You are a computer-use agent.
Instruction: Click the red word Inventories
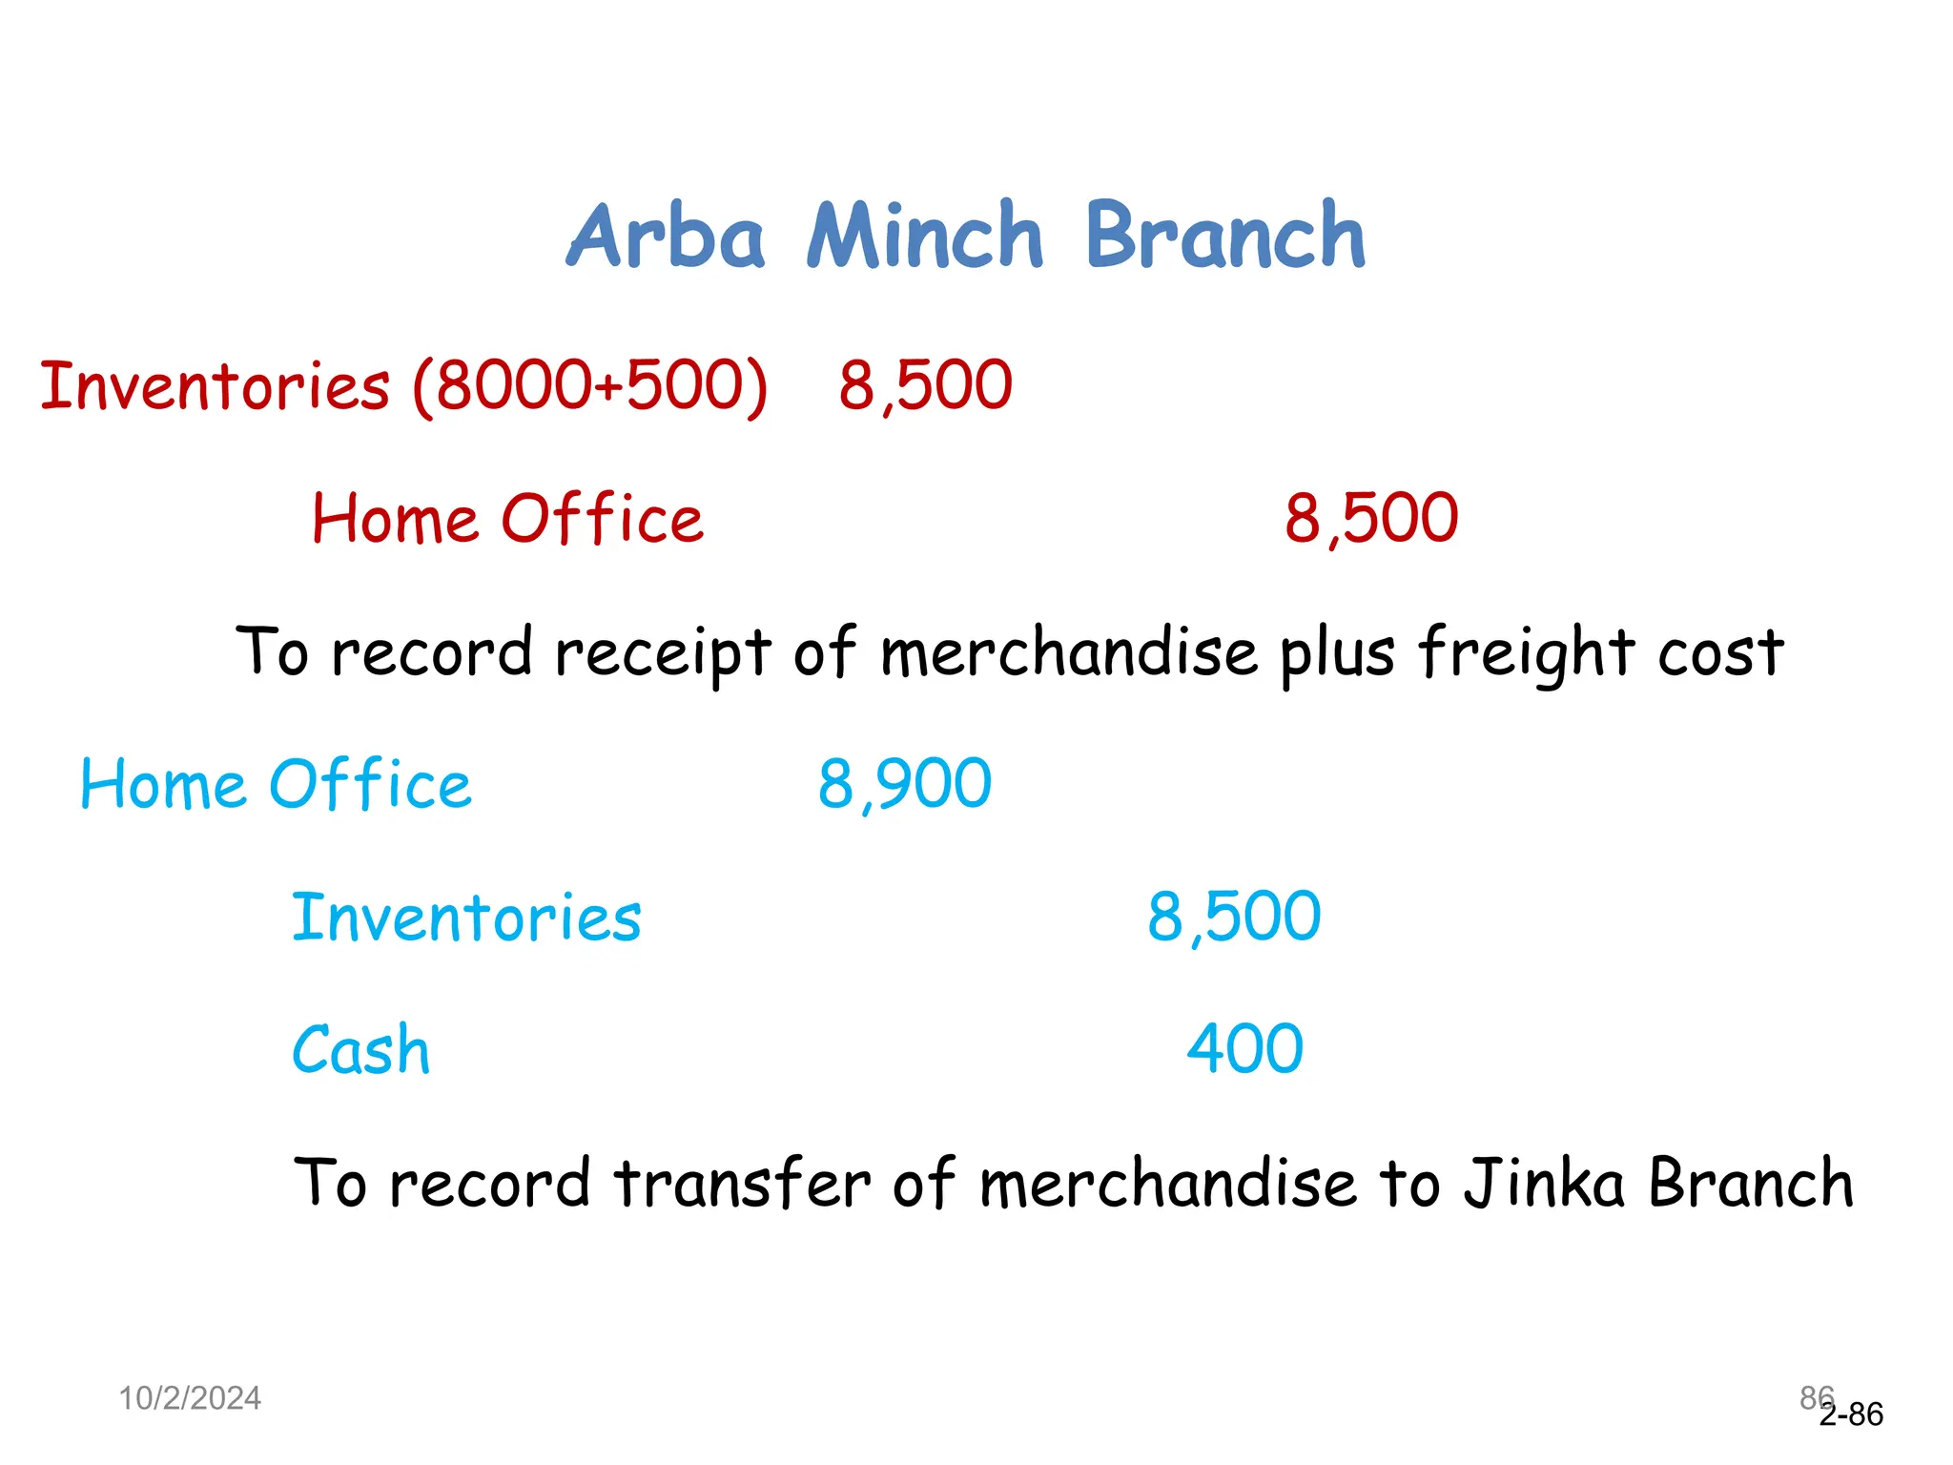click(216, 386)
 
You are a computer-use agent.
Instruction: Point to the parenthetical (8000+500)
click(590, 386)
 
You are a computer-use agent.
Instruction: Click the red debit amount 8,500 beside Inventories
click(925, 386)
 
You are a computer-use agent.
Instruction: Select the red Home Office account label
click(507, 520)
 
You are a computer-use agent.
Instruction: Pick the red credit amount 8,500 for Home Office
click(1370, 520)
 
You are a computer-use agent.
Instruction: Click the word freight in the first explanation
click(1526, 654)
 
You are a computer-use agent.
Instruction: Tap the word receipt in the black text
click(663, 654)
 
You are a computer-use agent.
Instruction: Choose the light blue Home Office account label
click(276, 785)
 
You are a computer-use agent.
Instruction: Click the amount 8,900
click(904, 785)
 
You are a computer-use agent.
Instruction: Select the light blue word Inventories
click(466, 918)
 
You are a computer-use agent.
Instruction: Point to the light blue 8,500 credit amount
click(1234, 918)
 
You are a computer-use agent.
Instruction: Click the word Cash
click(360, 1050)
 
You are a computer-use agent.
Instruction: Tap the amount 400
click(1244, 1050)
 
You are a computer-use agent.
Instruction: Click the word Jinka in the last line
click(1544, 1183)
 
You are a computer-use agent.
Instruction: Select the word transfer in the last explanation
click(742, 1183)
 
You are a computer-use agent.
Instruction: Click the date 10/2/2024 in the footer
click(190, 1398)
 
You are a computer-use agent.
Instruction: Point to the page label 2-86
click(1852, 1414)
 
